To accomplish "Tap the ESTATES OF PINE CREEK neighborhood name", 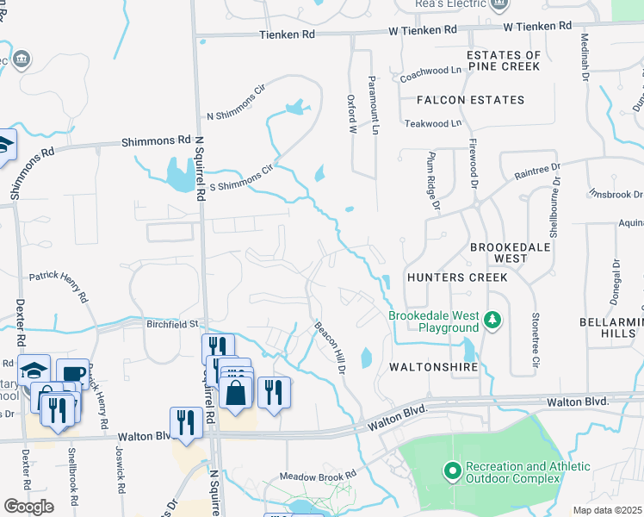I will [x=504, y=61].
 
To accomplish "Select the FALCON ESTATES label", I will [x=470, y=100].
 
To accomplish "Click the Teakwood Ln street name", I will [x=433, y=123].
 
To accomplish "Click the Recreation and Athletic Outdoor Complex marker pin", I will [x=452, y=471].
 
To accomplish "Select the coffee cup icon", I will [x=72, y=374].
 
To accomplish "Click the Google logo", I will [x=28, y=507].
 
